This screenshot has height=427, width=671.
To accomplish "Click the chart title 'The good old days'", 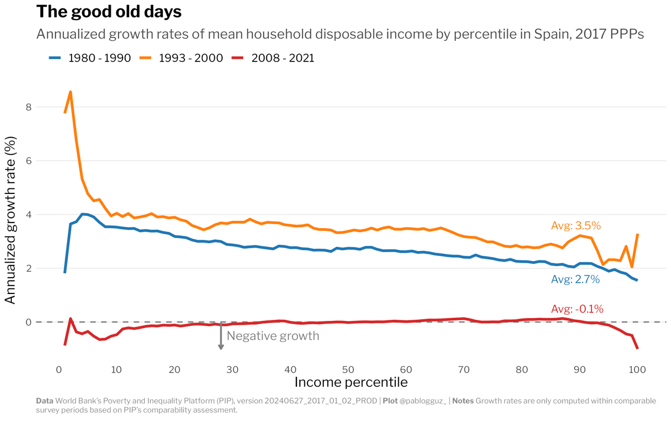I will [109, 11].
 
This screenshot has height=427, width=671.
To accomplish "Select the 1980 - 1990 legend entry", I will [89, 58].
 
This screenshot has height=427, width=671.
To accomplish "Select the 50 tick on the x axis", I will [348, 369].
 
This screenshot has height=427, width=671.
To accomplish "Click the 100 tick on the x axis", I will [637, 369].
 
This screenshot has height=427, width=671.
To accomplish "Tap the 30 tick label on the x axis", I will [232, 369].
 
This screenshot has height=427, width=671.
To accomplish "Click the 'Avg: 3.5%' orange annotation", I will [575, 226].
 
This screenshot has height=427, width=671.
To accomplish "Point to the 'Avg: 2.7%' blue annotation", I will [575, 279].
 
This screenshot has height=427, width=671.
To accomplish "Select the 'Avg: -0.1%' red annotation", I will [577, 309].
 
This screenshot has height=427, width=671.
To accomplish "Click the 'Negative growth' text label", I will [273, 336].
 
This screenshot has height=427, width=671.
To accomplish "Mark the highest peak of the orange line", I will [70, 92].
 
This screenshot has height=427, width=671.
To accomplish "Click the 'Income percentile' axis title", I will [351, 383].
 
